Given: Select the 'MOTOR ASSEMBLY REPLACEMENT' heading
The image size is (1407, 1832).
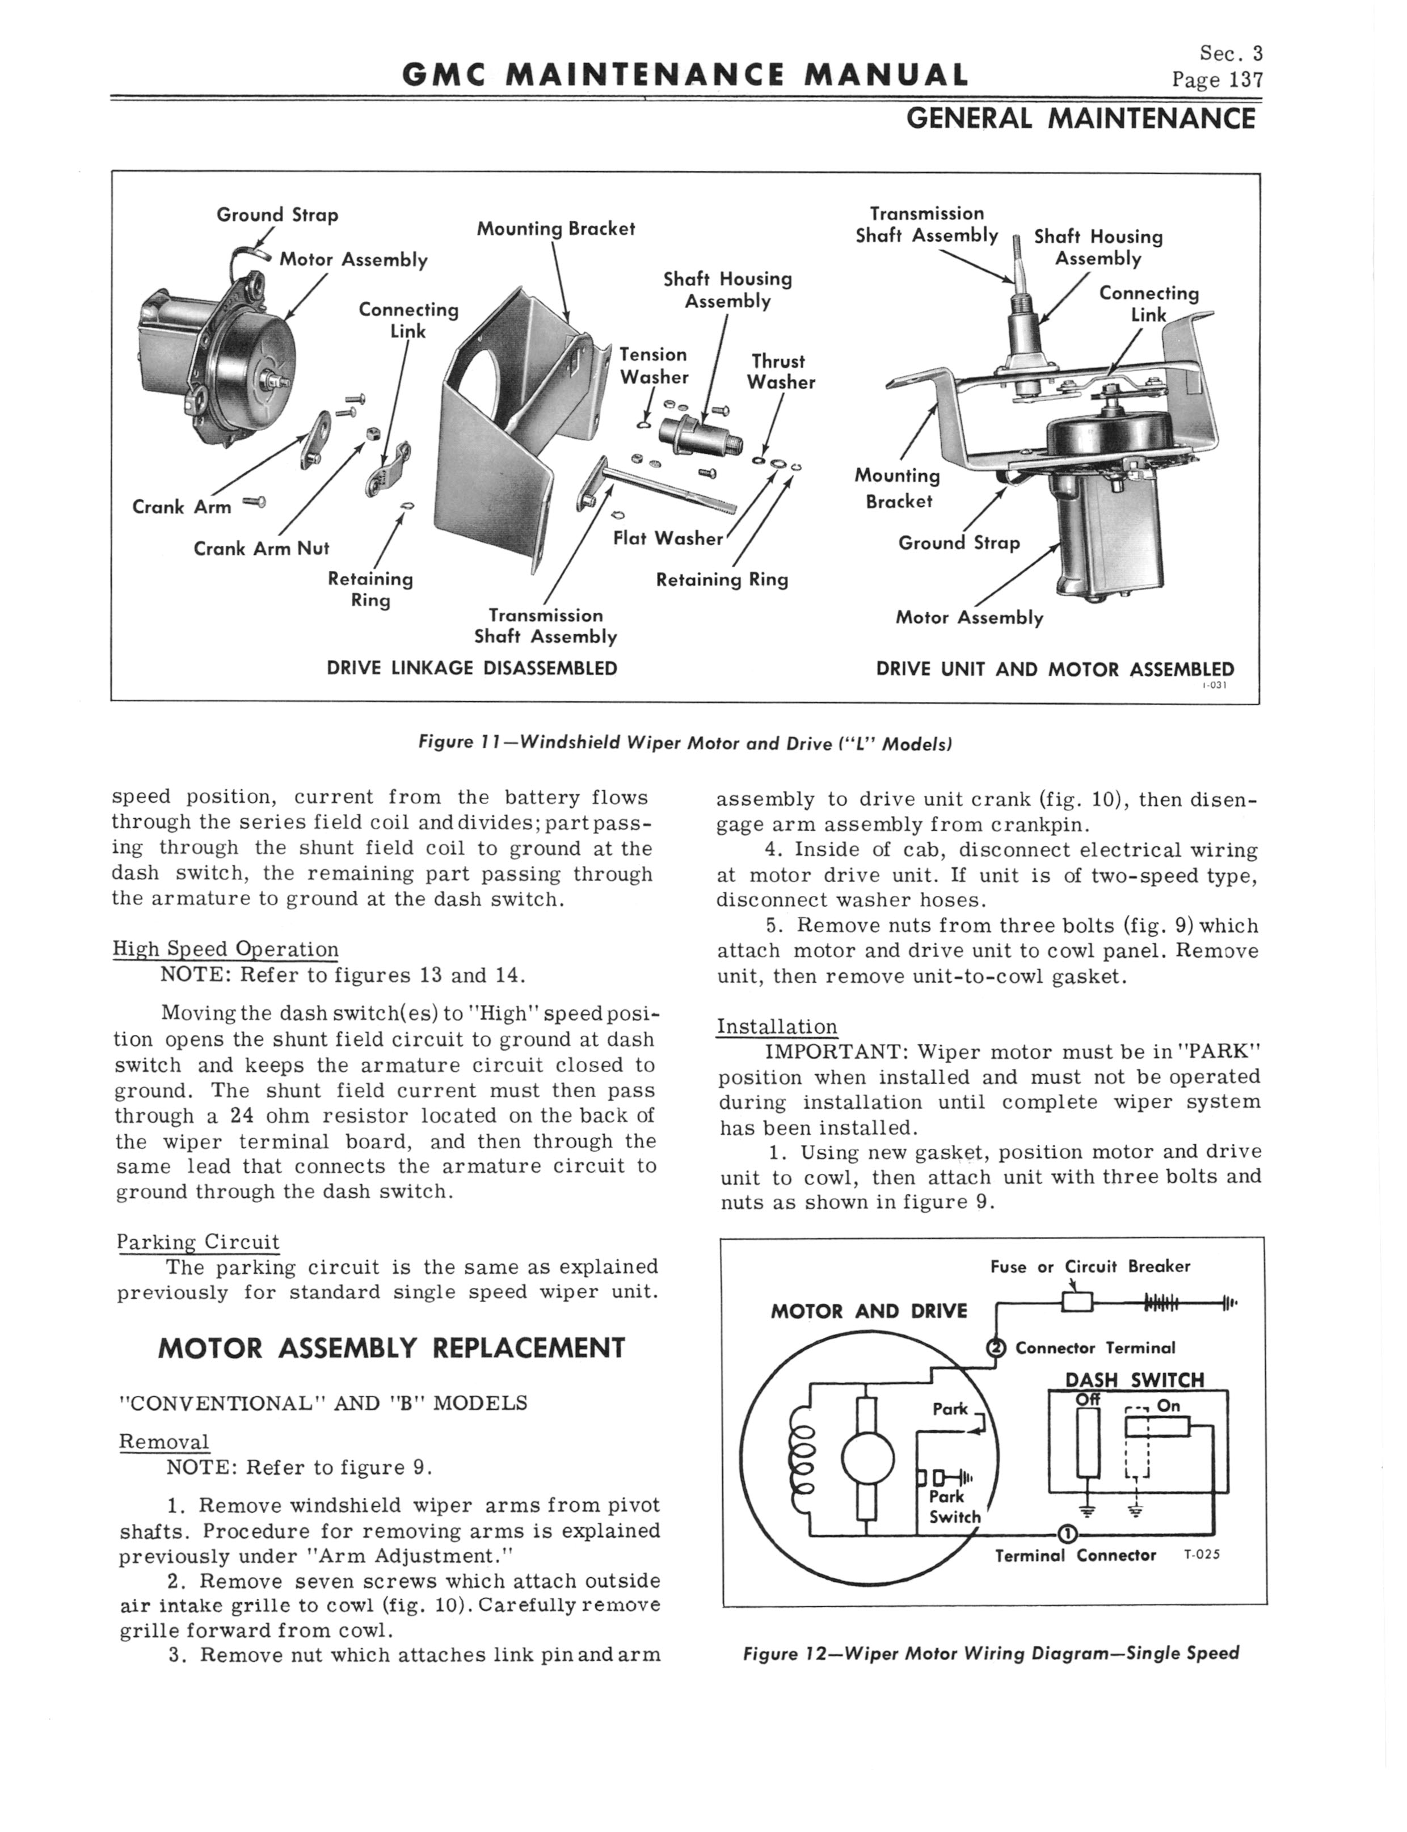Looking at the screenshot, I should coord(391,1348).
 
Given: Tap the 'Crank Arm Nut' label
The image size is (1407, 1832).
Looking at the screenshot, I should coord(262,549).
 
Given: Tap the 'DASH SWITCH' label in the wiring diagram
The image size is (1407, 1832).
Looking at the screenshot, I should coord(1134,1379).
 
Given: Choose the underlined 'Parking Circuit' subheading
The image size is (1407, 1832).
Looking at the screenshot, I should coord(197,1242).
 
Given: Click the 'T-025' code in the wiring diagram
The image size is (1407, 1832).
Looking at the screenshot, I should coord(1202,1555).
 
